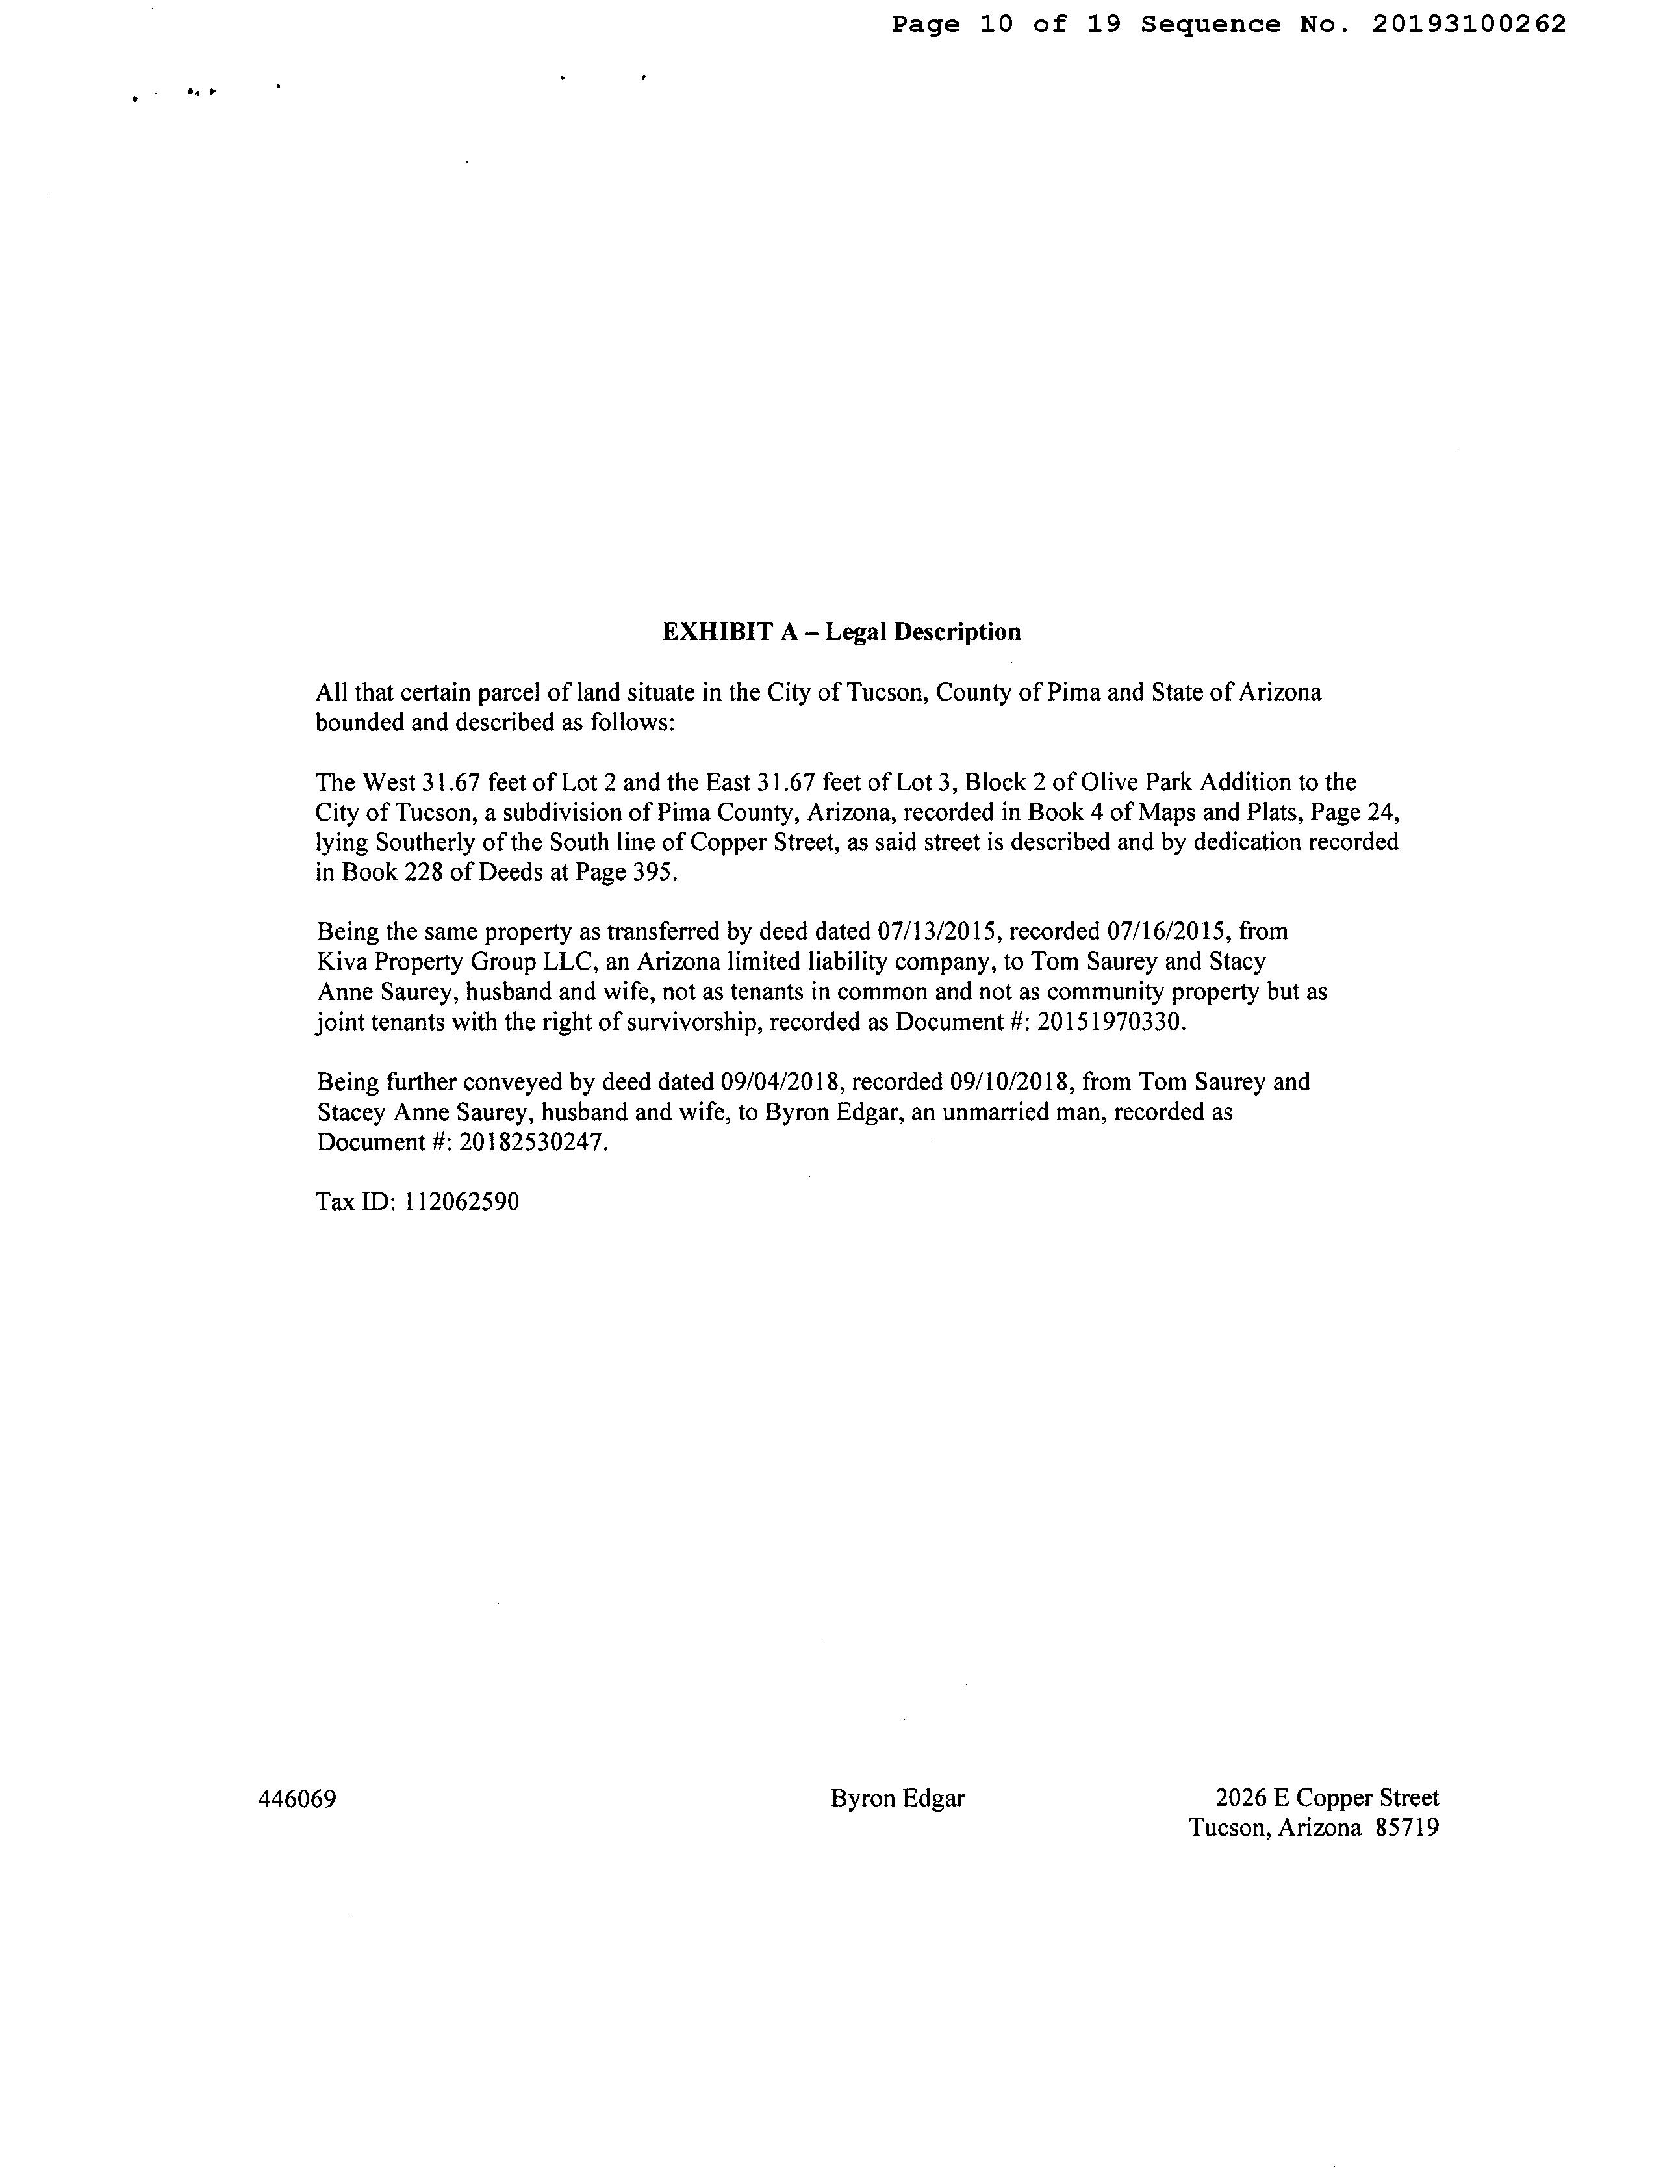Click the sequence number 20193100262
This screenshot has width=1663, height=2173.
click(x=1469, y=25)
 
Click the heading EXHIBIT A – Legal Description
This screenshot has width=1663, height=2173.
click(x=841, y=632)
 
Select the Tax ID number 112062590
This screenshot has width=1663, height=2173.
click(x=461, y=1202)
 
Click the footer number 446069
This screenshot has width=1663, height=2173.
click(x=297, y=1799)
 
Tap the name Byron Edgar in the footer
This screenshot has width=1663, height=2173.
click(x=898, y=1799)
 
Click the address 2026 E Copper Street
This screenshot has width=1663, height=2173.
click(x=1327, y=1798)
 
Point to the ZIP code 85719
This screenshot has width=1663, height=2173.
click(x=1406, y=1829)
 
